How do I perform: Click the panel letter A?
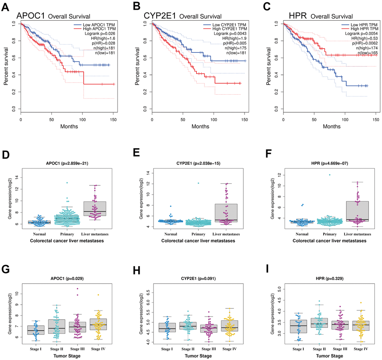[x=6, y=6]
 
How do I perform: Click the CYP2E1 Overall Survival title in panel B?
[x=182, y=16]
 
